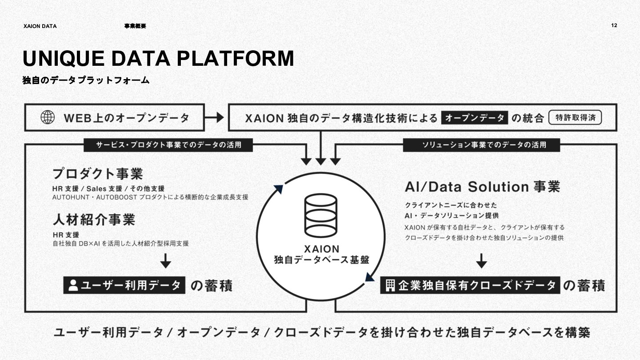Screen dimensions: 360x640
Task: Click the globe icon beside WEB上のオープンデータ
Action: (48, 117)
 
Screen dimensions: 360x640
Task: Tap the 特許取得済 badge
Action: (575, 118)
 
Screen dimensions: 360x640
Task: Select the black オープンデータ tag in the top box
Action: (474, 118)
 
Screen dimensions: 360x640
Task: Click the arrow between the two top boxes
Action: (216, 117)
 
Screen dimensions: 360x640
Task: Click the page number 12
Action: (614, 25)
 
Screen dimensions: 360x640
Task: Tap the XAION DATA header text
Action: (40, 26)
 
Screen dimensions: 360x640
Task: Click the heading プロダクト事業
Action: (98, 173)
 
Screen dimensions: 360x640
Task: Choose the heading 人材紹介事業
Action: (94, 220)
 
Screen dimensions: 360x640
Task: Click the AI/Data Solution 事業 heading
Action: (482, 187)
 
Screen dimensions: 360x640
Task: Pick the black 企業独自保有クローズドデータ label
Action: (470, 285)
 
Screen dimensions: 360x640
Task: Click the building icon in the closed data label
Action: (390, 285)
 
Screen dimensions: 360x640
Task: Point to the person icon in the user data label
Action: (73, 285)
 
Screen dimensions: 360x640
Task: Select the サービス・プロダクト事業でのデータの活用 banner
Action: (168, 144)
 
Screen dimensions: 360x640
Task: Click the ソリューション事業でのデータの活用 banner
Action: (481, 144)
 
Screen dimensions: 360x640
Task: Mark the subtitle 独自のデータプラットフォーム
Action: (86, 80)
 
